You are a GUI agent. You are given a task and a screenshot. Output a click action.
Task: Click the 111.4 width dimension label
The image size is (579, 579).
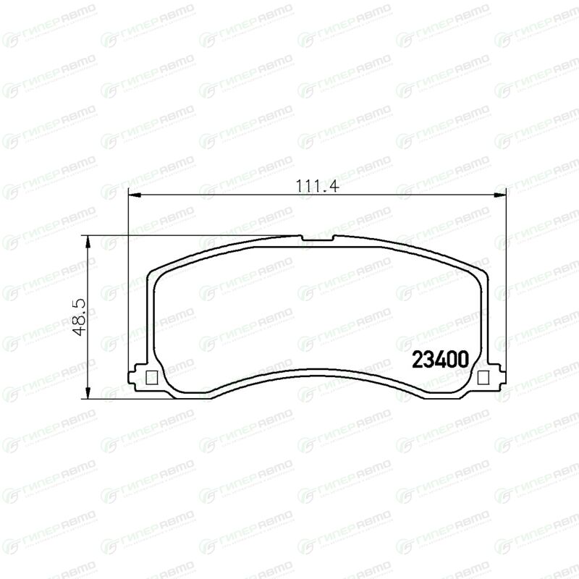[317, 186]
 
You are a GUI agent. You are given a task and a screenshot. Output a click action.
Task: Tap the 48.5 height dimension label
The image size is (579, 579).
[80, 317]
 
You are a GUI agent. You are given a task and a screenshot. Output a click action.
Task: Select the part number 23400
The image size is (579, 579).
[440, 360]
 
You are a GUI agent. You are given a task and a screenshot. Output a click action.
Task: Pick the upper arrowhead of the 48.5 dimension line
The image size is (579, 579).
[88, 242]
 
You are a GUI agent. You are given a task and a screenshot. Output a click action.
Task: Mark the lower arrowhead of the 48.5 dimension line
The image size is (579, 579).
[88, 392]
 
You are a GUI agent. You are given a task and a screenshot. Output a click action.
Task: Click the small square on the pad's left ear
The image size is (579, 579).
[152, 377]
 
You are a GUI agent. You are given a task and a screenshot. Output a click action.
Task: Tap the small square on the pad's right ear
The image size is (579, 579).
[483, 377]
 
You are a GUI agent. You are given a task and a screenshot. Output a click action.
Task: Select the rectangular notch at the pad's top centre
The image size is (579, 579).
[318, 238]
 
